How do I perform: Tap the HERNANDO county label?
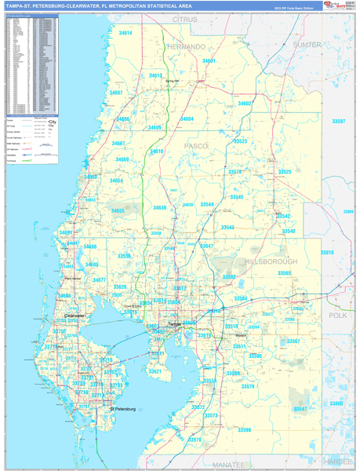click(187, 47)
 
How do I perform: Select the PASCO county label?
click(196, 146)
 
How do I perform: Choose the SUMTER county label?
click(307, 45)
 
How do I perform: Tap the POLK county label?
click(337, 315)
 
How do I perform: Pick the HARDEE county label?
click(337, 462)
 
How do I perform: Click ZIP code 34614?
click(125, 34)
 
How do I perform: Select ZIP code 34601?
click(209, 60)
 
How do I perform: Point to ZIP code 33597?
click(339, 122)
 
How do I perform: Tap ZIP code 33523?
click(241, 141)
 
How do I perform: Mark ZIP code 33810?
click(327, 253)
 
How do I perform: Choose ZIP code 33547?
click(301, 409)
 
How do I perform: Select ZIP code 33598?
click(245, 430)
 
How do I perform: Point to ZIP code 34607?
click(116, 93)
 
